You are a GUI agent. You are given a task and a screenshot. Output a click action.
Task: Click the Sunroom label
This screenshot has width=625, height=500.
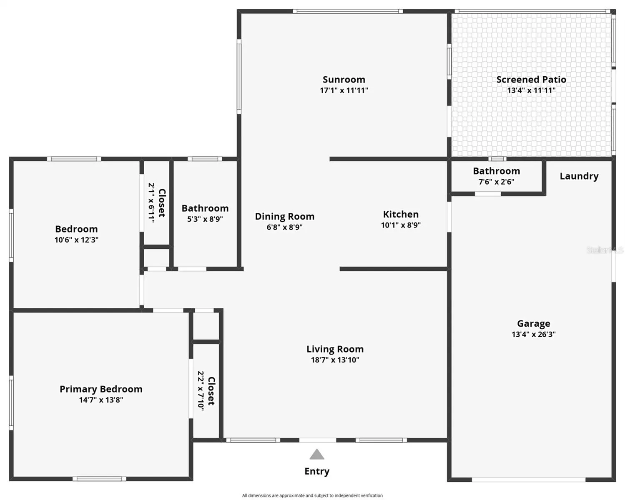(344, 79)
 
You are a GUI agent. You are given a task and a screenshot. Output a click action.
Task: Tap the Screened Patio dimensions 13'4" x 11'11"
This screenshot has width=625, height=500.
(531, 90)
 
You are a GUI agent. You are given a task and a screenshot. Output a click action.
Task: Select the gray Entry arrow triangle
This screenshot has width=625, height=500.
(316, 454)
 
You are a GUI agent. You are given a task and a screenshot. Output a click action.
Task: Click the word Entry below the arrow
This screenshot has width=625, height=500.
(317, 472)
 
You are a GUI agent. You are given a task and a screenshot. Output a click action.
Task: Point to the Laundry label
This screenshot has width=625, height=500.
(579, 176)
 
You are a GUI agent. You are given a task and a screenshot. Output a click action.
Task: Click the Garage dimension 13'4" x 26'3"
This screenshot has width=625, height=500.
(534, 334)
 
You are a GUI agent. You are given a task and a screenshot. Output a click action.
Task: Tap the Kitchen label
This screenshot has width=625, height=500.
(401, 214)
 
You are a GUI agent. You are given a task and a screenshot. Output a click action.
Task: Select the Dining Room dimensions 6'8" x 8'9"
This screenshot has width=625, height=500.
(284, 227)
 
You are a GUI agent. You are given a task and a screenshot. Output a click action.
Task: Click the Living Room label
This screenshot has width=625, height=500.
(335, 349)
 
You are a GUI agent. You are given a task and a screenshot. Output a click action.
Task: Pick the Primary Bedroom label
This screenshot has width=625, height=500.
(101, 389)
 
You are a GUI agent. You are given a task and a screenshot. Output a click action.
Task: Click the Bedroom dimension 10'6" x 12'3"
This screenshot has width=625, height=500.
(76, 240)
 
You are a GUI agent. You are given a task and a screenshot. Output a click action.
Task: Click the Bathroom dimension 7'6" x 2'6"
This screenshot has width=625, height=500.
(496, 182)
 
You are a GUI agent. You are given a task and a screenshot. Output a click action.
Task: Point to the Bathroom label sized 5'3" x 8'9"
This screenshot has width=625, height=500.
(205, 208)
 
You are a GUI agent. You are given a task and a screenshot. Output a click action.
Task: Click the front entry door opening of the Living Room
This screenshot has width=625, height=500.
(317, 440)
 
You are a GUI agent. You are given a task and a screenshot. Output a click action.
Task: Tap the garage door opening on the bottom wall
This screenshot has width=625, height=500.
(528, 480)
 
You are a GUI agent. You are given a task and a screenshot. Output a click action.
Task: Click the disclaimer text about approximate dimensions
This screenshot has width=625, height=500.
(312, 496)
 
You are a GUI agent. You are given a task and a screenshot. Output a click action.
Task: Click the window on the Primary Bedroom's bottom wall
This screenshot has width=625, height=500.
(99, 479)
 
